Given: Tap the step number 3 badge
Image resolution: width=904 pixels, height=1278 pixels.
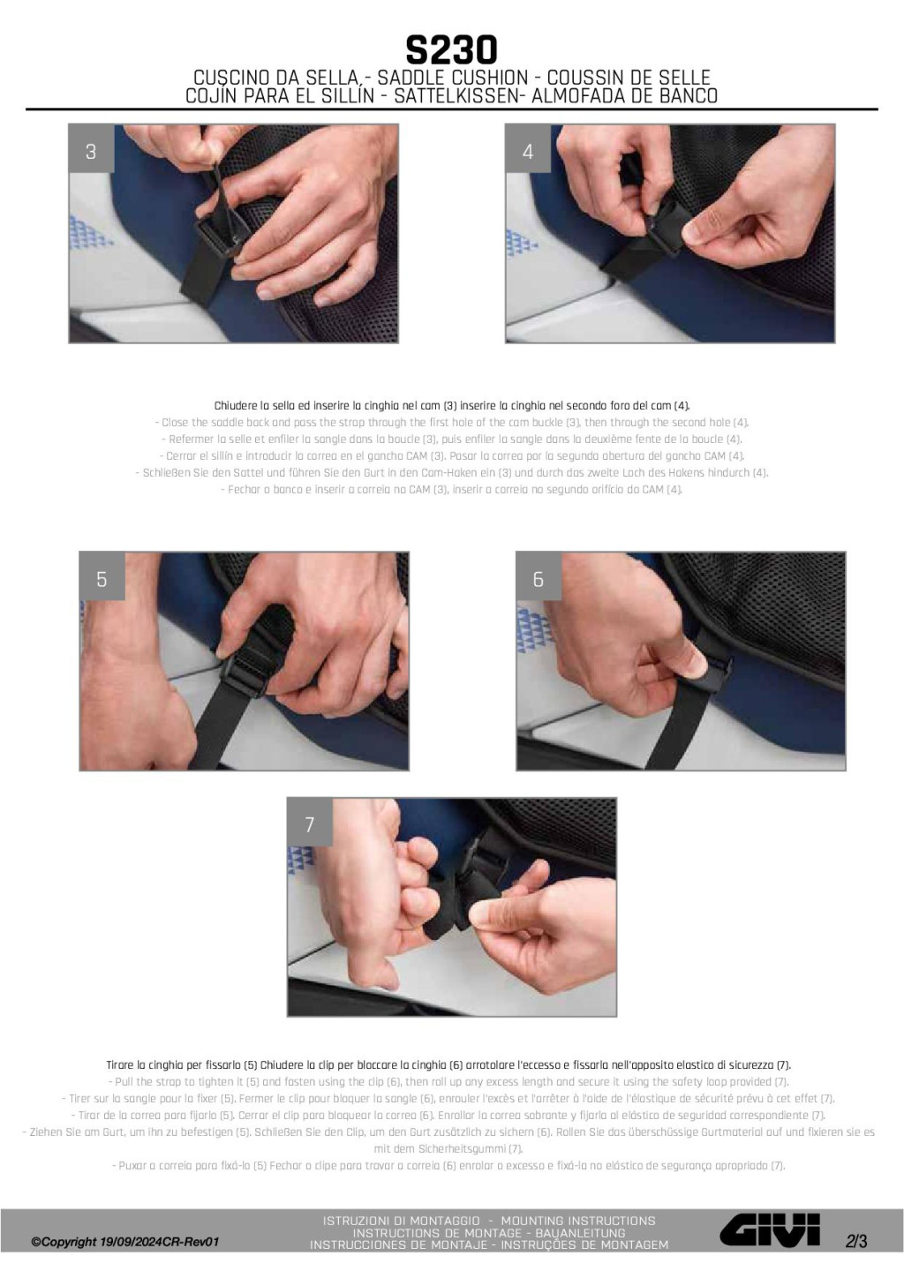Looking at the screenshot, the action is click(x=91, y=152).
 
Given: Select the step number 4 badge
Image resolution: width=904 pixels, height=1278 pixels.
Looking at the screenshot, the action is click(x=529, y=152).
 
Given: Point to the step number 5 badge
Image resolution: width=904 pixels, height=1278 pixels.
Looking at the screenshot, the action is click(x=102, y=580).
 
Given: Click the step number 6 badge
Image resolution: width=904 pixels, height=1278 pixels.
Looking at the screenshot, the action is click(x=539, y=580).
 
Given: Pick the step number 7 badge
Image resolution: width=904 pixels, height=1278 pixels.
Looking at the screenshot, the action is click(x=310, y=824).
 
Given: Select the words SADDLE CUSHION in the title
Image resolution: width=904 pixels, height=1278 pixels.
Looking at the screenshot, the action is click(x=453, y=78).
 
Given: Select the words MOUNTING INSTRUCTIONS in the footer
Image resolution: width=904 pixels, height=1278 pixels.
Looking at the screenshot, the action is click(x=578, y=1221).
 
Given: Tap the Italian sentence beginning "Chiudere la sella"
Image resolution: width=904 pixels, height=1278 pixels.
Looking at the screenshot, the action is click(x=452, y=406).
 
